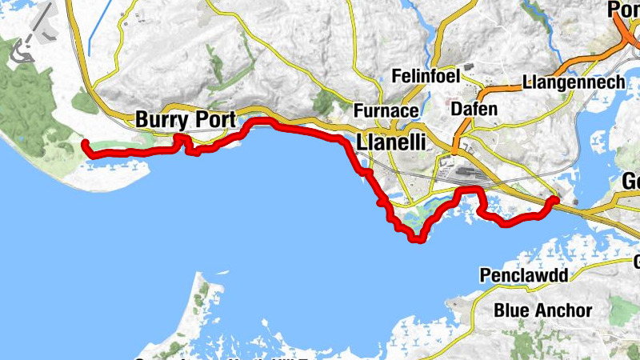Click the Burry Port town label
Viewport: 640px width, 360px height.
[186, 120]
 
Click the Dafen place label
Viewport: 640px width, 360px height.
[474, 108]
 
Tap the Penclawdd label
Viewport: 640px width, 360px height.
[524, 277]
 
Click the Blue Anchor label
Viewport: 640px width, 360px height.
[543, 310]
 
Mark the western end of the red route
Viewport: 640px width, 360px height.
[86, 144]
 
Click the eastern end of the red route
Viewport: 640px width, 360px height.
[554, 199]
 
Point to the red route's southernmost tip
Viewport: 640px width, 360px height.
[416, 239]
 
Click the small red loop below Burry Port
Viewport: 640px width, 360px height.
[182, 142]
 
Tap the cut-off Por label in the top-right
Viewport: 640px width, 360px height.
[624, 10]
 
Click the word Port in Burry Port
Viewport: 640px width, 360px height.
[214, 120]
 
